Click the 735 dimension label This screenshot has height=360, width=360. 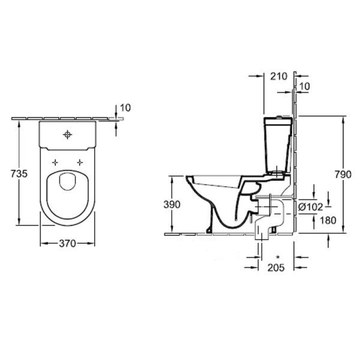point(19,174)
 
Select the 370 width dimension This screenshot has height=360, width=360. point(67,243)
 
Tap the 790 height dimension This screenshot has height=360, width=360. point(343,175)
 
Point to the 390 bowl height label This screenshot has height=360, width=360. point(172,204)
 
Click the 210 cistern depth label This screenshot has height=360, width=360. point(279,76)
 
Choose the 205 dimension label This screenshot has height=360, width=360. point(276,267)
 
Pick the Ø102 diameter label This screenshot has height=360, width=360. point(311,207)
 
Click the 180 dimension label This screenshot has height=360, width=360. point(328,220)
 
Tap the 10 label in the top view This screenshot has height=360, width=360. point(125,108)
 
